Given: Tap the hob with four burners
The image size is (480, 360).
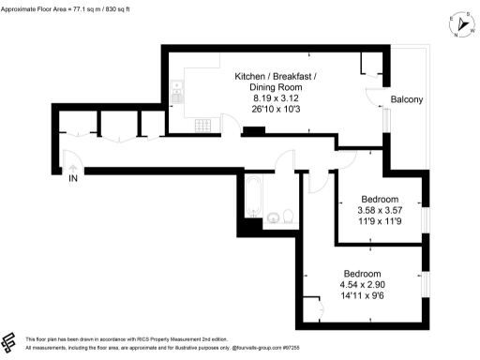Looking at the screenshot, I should click(x=200, y=125).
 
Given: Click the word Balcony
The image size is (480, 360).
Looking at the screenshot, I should click(x=408, y=99).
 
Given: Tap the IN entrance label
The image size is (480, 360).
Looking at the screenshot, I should click(x=73, y=179).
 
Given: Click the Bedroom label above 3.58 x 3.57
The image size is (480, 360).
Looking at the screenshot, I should click(x=380, y=199).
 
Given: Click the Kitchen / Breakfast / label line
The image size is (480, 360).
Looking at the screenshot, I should click(x=276, y=74).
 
